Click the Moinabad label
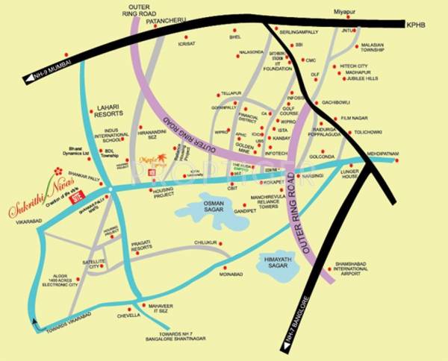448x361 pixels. point(231,274)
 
